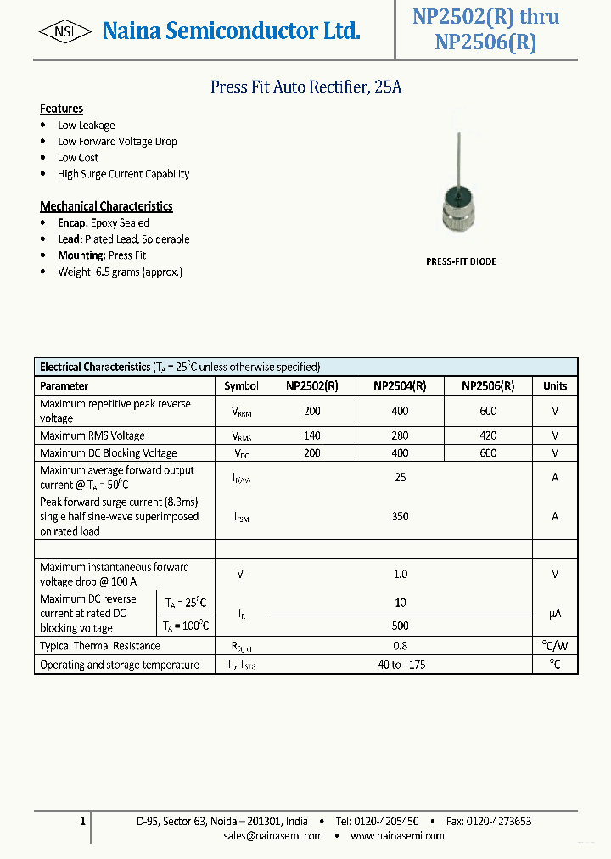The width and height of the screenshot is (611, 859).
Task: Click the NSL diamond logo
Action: pyautogui.click(x=65, y=32)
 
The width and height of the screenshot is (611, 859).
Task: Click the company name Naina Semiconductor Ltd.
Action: pyautogui.click(x=231, y=31)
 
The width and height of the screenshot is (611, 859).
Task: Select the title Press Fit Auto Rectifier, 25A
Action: pyautogui.click(x=305, y=87)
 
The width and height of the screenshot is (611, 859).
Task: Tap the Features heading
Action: pyautogui.click(x=61, y=109)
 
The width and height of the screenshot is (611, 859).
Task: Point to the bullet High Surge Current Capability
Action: pyautogui.click(x=123, y=174)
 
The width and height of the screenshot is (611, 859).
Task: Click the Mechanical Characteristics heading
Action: pyautogui.click(x=106, y=206)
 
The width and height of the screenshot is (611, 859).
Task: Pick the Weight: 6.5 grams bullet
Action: pyautogui.click(x=120, y=272)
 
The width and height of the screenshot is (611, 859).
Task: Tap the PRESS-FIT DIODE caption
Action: pyautogui.click(x=461, y=261)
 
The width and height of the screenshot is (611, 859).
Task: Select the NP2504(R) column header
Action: pyautogui.click(x=400, y=385)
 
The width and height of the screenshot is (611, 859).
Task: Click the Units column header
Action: pyautogui.click(x=555, y=385)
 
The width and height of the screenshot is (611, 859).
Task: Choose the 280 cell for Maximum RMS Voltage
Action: pyautogui.click(x=400, y=435)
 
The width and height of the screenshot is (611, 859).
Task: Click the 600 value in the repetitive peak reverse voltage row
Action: pyautogui.click(x=488, y=411)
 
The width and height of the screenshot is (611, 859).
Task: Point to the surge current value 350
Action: pyautogui.click(x=400, y=516)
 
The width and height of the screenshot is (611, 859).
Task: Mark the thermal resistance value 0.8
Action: pyautogui.click(x=400, y=646)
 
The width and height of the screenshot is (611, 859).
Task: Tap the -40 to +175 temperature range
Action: pyautogui.click(x=400, y=665)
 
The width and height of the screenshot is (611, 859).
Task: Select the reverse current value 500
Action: pyautogui.click(x=400, y=626)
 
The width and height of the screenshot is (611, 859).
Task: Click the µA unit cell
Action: pyautogui.click(x=555, y=613)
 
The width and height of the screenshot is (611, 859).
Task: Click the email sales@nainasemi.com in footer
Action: pyautogui.click(x=273, y=836)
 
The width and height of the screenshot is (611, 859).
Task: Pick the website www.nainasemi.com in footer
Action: pyautogui.click(x=397, y=836)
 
